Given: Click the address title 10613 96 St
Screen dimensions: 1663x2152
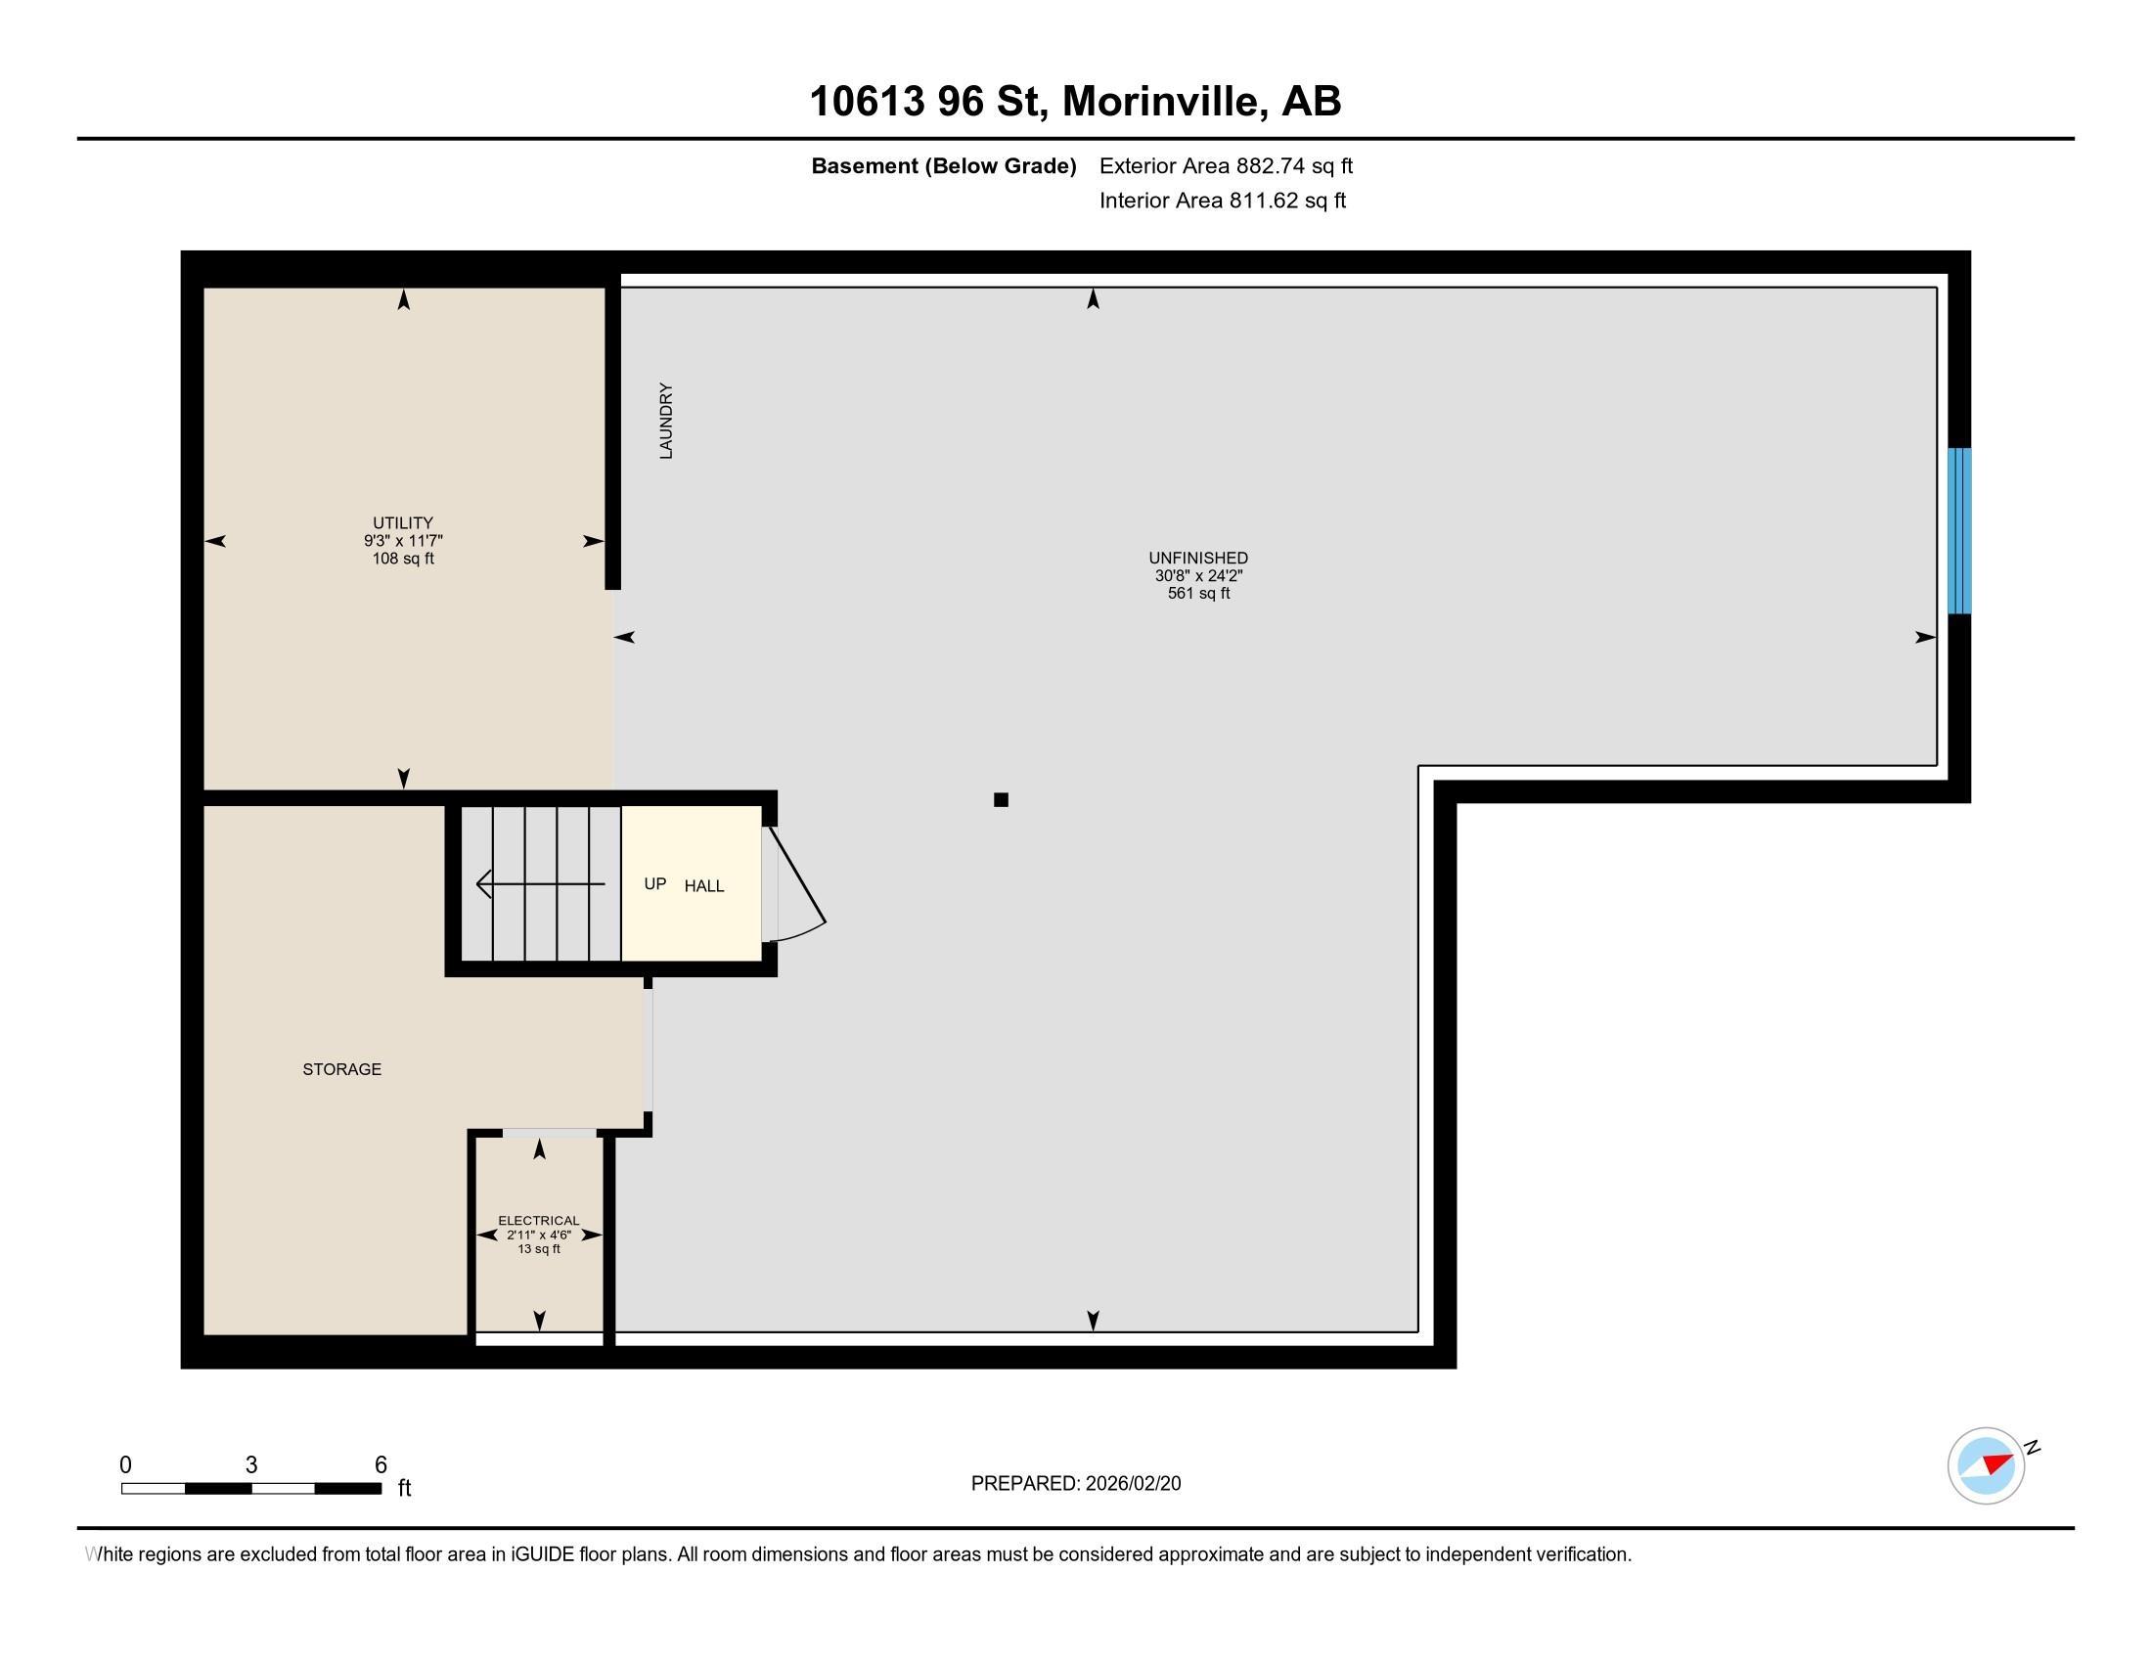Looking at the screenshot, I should tap(1074, 102).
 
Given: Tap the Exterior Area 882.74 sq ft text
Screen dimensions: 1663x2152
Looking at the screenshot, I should tap(1226, 165).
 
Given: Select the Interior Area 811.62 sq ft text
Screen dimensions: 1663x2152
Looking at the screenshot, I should tap(1222, 200).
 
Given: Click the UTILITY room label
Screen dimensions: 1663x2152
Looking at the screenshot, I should tap(402, 523).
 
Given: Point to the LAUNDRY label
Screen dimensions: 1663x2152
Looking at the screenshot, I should tap(666, 421).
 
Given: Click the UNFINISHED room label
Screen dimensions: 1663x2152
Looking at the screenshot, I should tap(1198, 558).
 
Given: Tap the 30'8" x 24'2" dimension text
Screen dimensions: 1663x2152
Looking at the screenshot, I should tap(1198, 575).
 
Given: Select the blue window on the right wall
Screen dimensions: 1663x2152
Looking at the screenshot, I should tap(1959, 531).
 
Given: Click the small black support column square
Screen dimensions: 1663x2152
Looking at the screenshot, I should tap(1001, 800).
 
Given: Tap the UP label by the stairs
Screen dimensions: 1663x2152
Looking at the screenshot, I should tap(655, 883).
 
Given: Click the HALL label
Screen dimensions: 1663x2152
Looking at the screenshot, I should tap(703, 885).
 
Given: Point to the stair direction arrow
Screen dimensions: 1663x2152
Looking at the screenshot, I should tap(539, 883).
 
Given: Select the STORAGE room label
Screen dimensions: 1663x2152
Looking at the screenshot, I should tap(342, 1069).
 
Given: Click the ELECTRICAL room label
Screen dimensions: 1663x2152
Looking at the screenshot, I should tap(538, 1221).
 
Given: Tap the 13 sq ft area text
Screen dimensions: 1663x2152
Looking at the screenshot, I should tap(539, 1249).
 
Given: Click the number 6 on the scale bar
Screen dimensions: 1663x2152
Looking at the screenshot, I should tap(381, 1465).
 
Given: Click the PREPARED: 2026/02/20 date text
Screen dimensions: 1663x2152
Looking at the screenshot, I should tap(1075, 1484).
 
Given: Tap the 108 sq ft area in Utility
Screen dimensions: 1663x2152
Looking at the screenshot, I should tap(402, 559).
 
